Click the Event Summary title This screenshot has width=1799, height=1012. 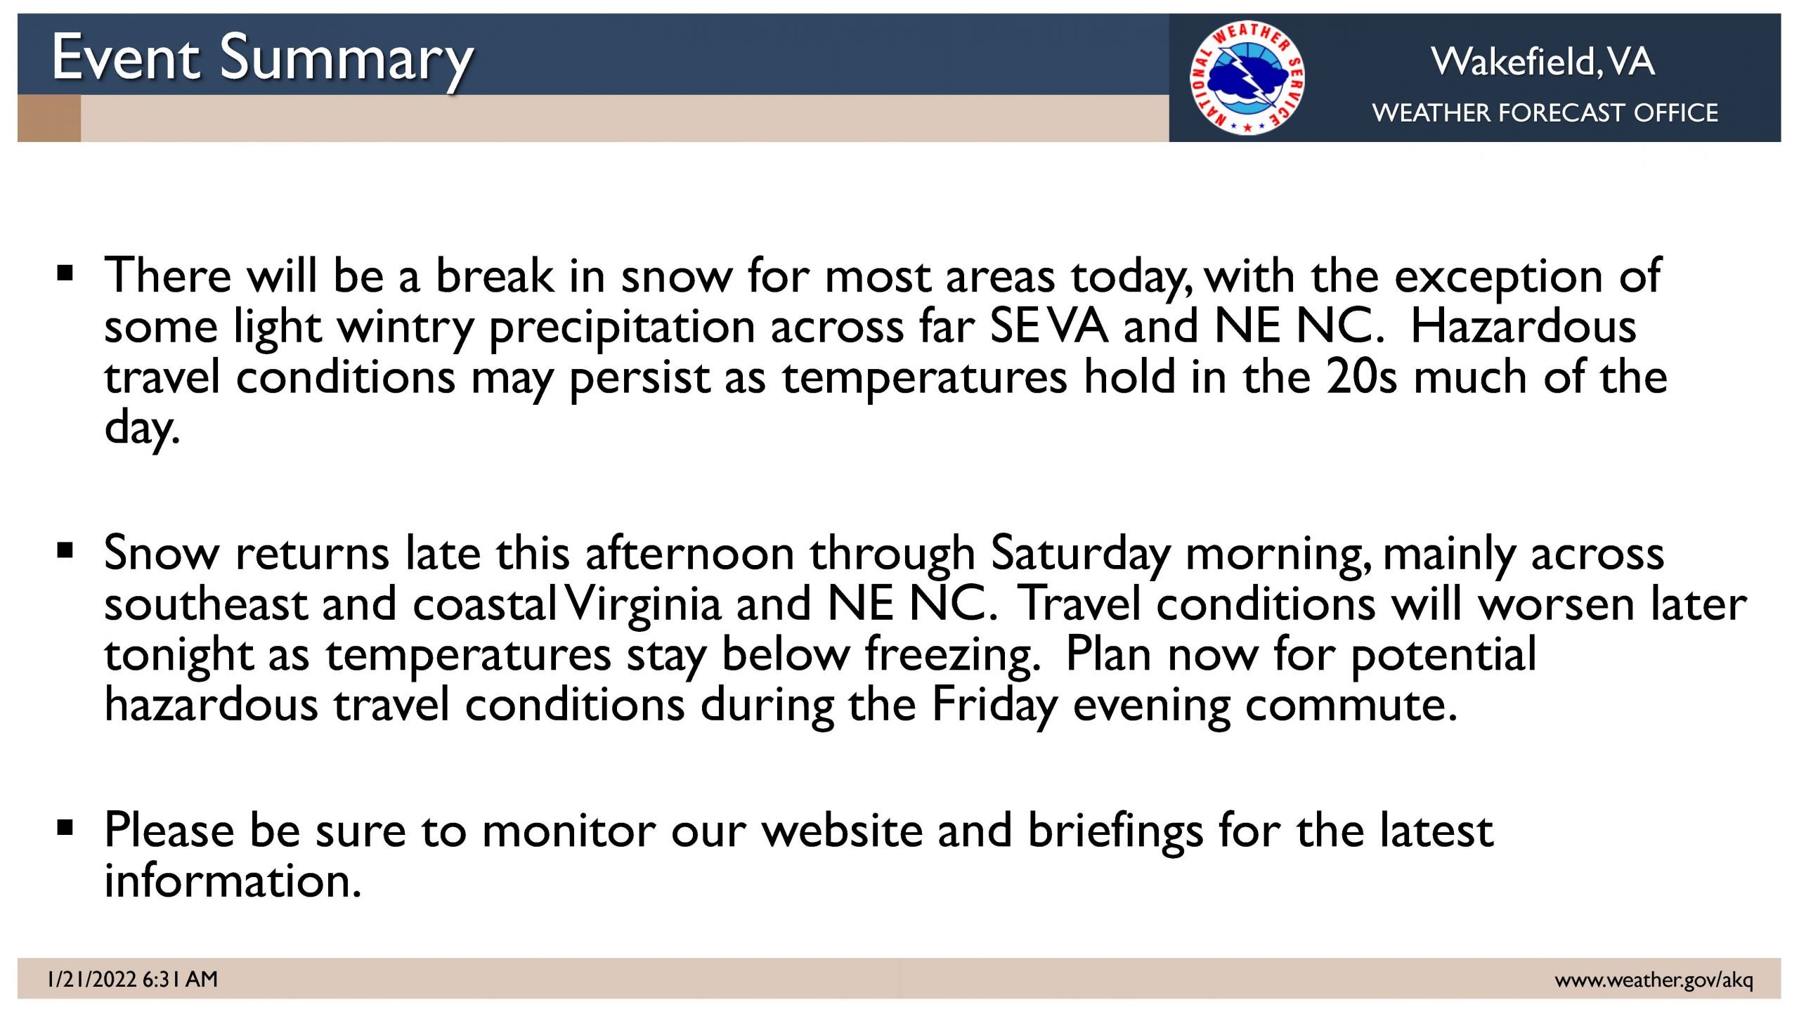[263, 60]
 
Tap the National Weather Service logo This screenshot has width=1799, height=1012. [1247, 77]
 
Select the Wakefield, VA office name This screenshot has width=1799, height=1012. [1543, 62]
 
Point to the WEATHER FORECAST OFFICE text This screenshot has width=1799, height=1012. [1545, 112]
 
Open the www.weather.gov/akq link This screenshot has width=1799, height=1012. [1654, 980]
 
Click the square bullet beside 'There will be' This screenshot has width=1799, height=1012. [65, 273]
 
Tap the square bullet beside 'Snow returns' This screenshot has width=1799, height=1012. [65, 550]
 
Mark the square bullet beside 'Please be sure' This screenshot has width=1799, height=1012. [65, 828]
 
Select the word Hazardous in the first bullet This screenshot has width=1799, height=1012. [1524, 327]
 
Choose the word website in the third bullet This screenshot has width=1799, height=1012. [843, 831]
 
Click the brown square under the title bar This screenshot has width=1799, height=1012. [49, 118]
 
